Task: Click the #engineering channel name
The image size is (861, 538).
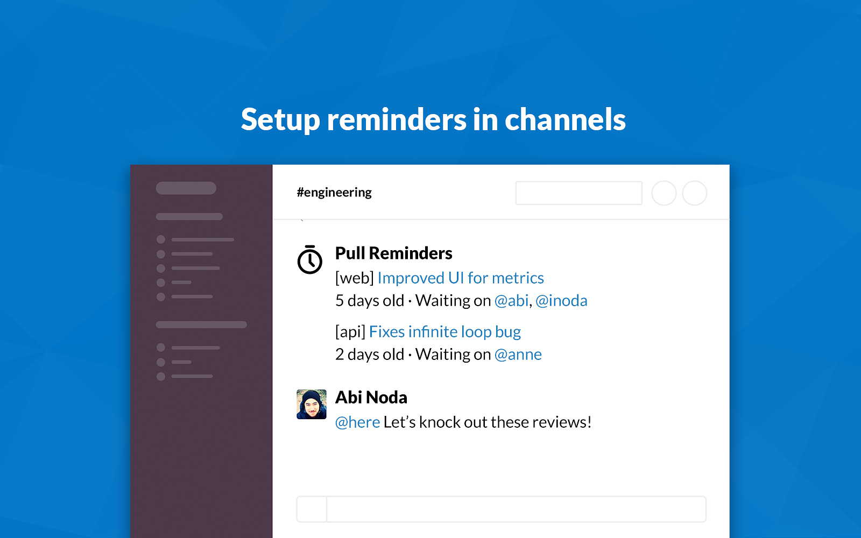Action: point(334,192)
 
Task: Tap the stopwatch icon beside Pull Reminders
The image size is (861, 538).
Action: point(309,260)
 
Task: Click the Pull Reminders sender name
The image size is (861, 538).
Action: point(393,253)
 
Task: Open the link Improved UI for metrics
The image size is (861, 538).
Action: point(461,278)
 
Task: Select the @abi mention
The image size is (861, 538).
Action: point(512,301)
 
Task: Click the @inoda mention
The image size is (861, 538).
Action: point(561,301)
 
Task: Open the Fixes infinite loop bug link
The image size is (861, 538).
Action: point(444,331)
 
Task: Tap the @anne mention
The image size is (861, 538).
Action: point(518,355)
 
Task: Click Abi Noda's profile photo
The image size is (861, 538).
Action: point(312,404)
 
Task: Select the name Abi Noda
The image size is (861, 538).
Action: point(371,398)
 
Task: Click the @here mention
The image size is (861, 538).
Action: point(357,422)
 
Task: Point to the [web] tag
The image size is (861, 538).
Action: point(355,278)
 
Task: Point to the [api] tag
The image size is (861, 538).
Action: point(350,332)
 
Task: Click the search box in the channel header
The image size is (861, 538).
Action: point(578,193)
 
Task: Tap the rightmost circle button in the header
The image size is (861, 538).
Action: point(694,193)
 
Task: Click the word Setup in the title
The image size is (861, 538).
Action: point(280,121)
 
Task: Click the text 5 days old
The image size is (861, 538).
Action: point(369,301)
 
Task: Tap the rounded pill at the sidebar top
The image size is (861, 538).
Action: point(186,188)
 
